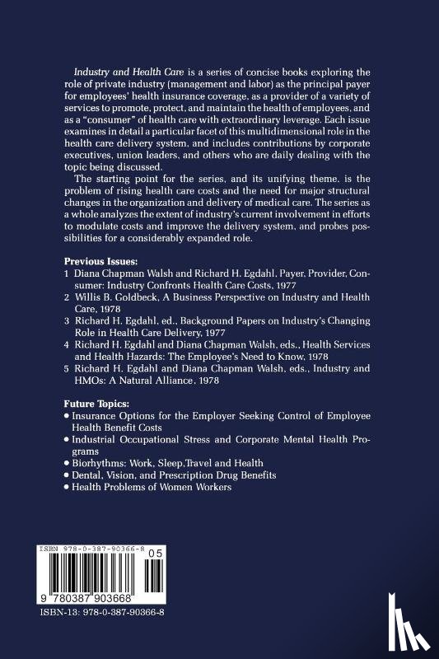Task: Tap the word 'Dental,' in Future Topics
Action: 90,475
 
